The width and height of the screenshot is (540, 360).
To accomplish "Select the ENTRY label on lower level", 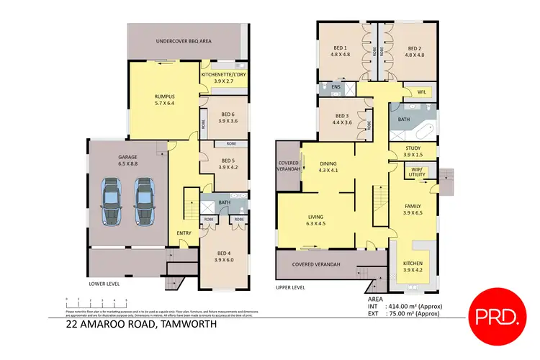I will [184, 232].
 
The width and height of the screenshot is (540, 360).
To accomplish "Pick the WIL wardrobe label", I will [421, 92].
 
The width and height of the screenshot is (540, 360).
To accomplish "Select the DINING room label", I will [328, 163].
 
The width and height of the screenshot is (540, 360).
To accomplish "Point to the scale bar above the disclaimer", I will [96, 301].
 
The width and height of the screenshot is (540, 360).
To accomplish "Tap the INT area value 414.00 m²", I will [414, 306].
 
